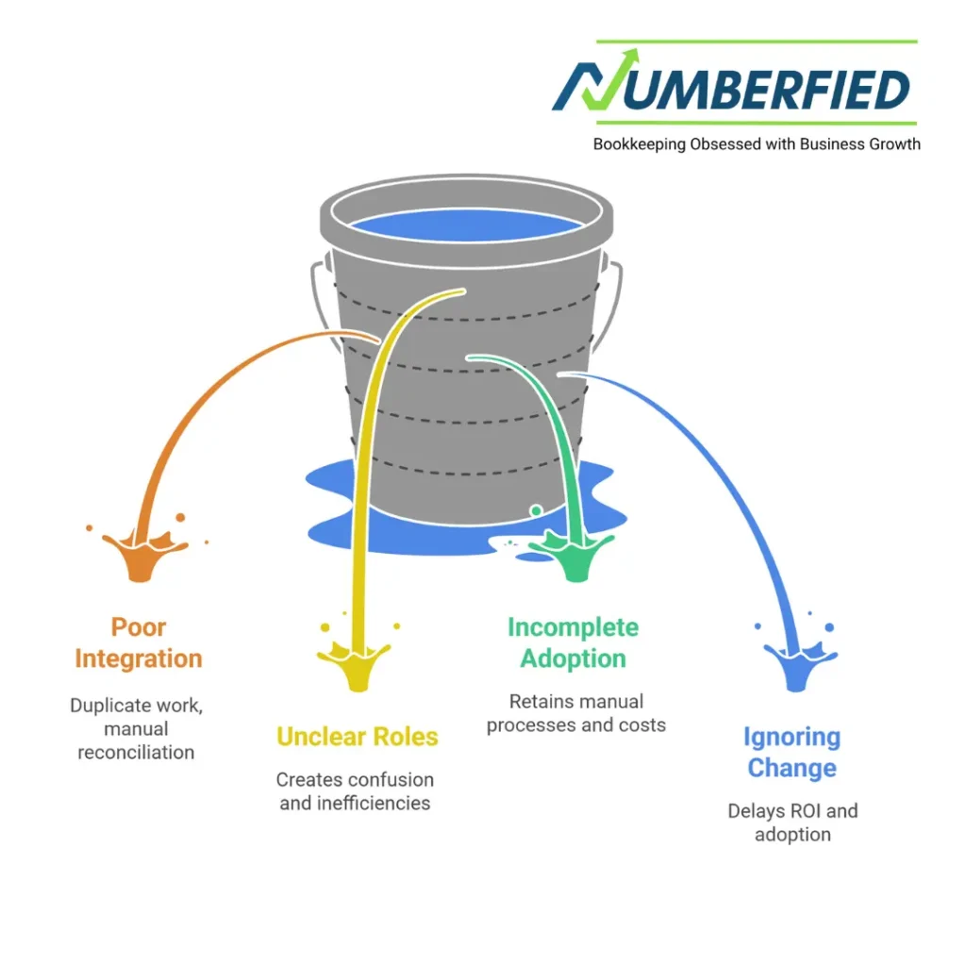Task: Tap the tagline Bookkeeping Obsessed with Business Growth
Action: click(x=757, y=144)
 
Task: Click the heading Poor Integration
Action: click(x=138, y=642)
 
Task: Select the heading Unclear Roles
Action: click(x=358, y=737)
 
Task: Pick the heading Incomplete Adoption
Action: click(x=573, y=642)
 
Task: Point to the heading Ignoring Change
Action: click(x=791, y=752)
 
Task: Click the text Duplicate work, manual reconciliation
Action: click(x=136, y=728)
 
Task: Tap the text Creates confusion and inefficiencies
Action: click(x=355, y=791)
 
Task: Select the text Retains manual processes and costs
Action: click(x=576, y=713)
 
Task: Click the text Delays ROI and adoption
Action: click(x=792, y=822)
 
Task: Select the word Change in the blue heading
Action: click(x=791, y=768)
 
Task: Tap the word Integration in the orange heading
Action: click(x=138, y=658)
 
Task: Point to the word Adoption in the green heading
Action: click(x=573, y=658)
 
